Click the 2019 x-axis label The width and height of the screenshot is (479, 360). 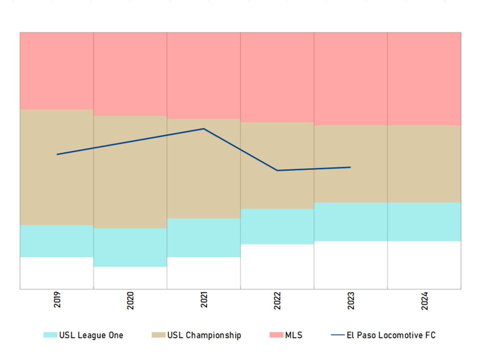point(57,300)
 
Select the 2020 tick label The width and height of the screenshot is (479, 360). point(130,301)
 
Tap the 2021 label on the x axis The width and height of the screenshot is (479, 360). point(204,300)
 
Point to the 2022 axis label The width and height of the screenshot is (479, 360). point(277,301)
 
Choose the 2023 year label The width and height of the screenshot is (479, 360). point(351,301)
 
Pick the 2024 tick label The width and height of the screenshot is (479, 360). point(424,301)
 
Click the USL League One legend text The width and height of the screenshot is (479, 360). point(91,335)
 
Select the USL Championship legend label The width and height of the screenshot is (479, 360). point(204,335)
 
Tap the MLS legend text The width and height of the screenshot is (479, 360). point(293,335)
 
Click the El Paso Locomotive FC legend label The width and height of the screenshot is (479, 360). point(391,335)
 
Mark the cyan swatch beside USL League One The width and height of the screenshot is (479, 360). point(50,335)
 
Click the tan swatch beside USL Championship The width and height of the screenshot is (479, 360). point(158,335)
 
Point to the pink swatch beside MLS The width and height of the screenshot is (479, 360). point(276,335)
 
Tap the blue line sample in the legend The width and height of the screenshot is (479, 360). point(338,335)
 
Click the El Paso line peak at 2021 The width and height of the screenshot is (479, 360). point(204,129)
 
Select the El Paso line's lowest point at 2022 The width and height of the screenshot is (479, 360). point(277,171)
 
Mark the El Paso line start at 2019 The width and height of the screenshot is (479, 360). point(57,154)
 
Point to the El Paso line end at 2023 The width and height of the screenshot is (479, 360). point(351,167)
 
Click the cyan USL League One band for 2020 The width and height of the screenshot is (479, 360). point(130,247)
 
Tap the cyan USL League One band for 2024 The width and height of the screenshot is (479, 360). point(424,222)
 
